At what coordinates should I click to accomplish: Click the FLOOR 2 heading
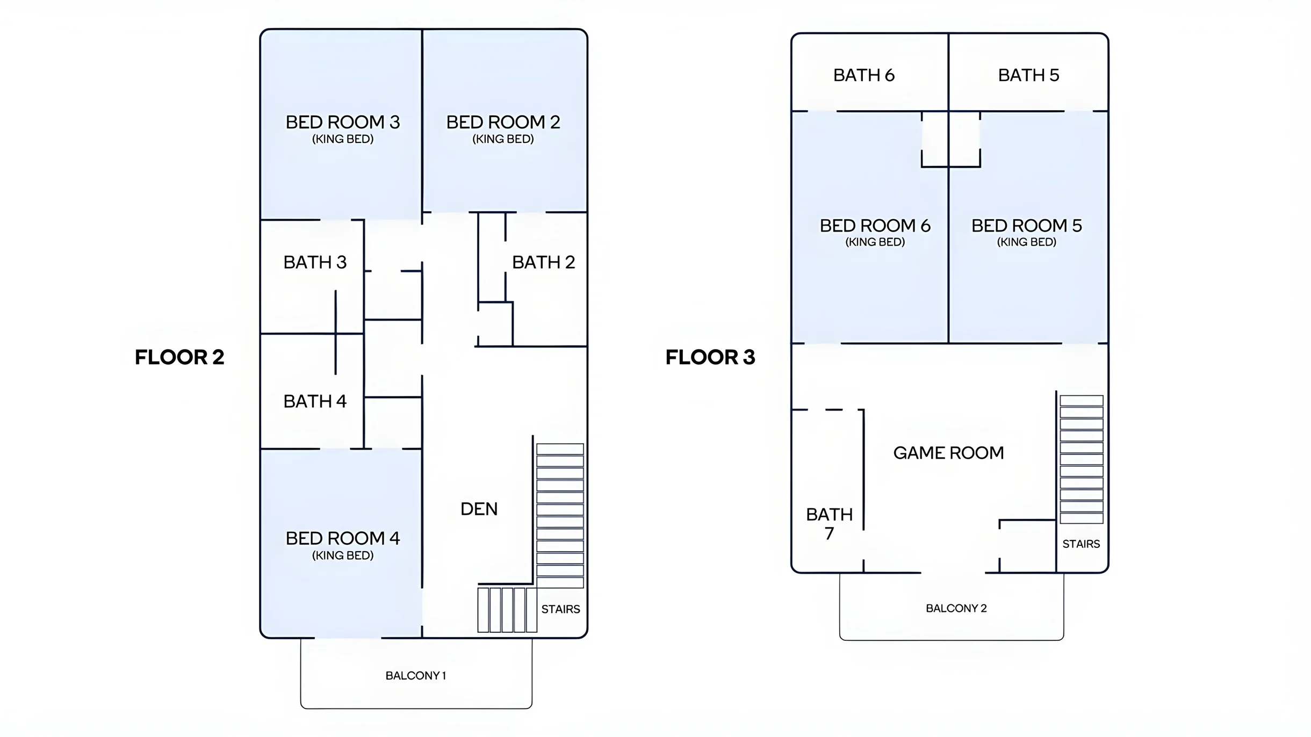click(179, 357)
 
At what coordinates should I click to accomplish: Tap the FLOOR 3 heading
click(710, 357)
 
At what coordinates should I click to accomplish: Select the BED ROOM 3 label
click(342, 122)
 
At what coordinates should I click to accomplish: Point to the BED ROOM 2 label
click(503, 122)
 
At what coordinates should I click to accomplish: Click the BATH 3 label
click(315, 262)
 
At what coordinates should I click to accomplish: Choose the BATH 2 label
click(543, 262)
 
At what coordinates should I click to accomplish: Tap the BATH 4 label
click(315, 401)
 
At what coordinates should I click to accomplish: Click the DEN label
click(479, 509)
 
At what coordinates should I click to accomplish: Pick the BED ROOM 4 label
click(342, 538)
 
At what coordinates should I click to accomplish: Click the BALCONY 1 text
click(416, 676)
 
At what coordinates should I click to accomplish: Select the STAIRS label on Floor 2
click(560, 609)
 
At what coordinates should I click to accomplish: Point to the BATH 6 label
click(864, 75)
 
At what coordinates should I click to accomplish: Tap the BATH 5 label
click(1028, 75)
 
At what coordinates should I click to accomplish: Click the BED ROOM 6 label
click(875, 226)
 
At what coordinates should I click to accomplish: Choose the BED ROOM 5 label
click(1026, 226)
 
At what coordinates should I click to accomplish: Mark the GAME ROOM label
click(948, 453)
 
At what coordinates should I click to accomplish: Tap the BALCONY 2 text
click(956, 609)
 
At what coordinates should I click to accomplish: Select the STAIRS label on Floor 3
click(1081, 544)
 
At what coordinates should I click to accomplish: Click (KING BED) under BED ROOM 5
click(1026, 242)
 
